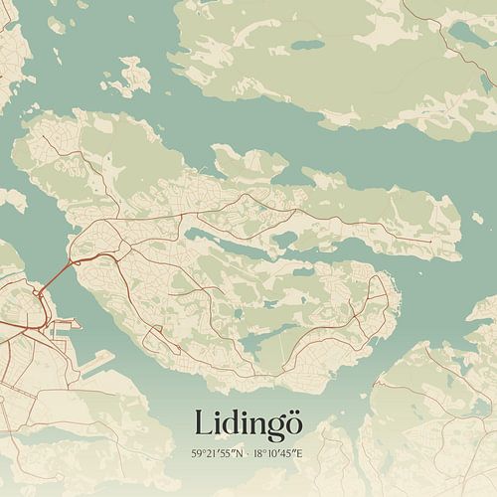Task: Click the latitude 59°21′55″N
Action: (216, 453)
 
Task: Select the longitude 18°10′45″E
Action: (282, 453)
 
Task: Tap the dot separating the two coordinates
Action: (248, 453)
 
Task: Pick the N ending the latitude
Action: (238, 453)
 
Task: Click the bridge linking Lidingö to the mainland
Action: (61, 271)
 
